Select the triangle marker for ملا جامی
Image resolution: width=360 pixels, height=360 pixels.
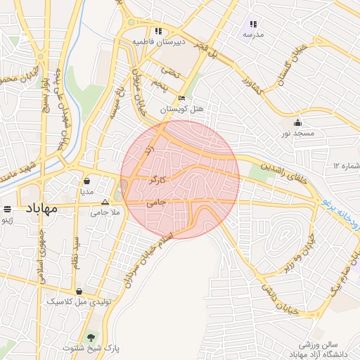(105, 202)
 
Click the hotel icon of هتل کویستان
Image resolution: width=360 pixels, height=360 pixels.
(182, 98)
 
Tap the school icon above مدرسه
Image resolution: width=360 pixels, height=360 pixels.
(253, 25)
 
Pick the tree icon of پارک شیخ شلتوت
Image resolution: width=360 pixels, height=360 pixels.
(91, 337)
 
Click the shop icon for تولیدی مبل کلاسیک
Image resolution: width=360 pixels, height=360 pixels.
(79, 291)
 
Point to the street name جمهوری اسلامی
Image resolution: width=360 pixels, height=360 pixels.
(40, 256)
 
